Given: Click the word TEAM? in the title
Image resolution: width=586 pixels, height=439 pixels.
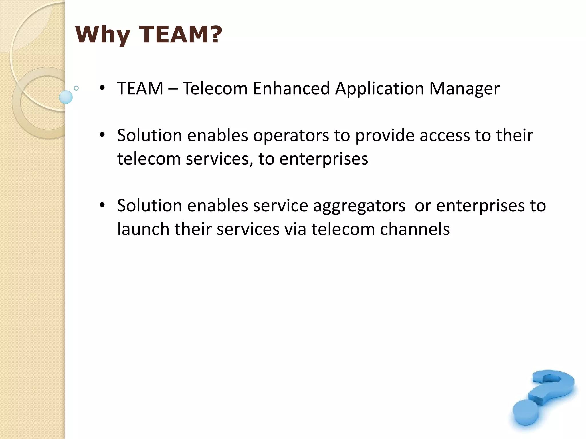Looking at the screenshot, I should pos(181,35).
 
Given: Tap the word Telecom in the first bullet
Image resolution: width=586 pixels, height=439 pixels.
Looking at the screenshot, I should pos(215,88).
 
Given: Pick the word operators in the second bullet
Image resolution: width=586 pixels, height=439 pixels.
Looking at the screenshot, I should pos(291,136).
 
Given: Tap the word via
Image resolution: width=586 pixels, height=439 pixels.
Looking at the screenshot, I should pos(295,229).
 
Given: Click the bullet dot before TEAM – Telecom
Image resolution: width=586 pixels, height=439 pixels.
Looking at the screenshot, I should pos(102,87).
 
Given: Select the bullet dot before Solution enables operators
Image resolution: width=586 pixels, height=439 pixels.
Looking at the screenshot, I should pos(102,135).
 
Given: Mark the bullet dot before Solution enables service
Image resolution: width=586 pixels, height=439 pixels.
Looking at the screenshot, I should pos(102,205).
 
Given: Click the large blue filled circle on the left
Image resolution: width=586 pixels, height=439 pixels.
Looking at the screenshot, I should pos(66,97).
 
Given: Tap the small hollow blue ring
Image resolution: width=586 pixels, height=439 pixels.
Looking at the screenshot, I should pos(76,88).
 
